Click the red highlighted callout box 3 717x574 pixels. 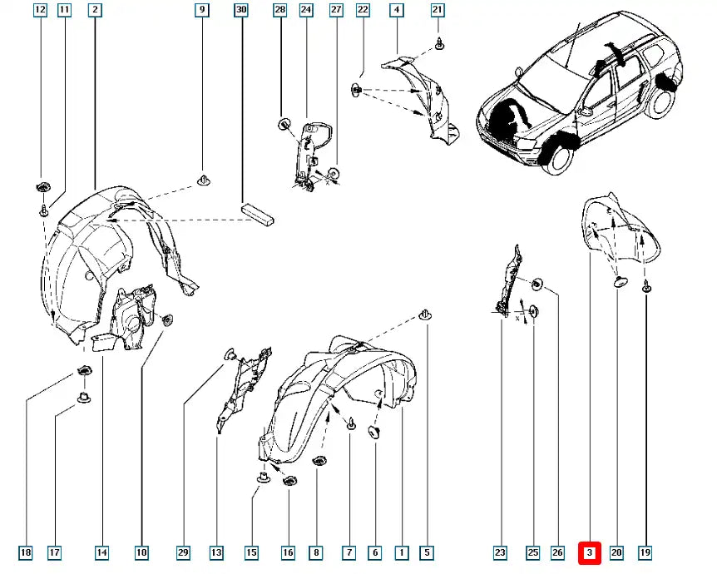click(590, 552)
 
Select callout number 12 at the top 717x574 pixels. click(41, 10)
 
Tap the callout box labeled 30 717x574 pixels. click(241, 10)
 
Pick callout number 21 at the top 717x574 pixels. click(438, 10)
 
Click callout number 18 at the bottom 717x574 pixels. click(26, 552)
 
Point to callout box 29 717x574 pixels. click(183, 552)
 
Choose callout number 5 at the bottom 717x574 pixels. click(427, 552)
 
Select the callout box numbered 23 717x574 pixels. click(500, 552)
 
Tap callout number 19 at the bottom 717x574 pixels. click(645, 552)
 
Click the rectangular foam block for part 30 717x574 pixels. click(258, 215)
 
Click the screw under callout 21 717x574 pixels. click(439, 44)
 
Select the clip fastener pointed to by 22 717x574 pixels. click(356, 89)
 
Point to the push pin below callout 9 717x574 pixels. click(204, 180)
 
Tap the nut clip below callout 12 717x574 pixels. click(43, 186)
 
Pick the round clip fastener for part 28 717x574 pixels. click(284, 123)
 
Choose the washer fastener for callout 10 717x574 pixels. click(168, 319)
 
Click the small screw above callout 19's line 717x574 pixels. click(645, 287)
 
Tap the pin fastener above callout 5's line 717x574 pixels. click(426, 314)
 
